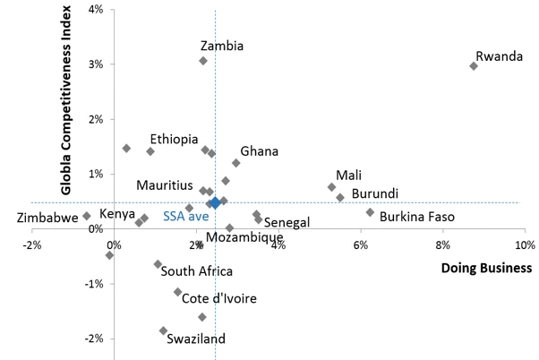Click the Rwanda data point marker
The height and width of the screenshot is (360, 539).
tap(474, 65)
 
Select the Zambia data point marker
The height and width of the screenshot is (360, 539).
tap(203, 61)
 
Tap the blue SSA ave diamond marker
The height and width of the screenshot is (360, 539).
tap(215, 203)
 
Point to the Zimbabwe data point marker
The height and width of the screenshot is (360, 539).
tap(87, 216)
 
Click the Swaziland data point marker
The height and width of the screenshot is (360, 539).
tap(163, 330)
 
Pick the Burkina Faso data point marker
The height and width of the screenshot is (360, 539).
tap(370, 212)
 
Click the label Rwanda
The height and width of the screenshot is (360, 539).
tap(499, 56)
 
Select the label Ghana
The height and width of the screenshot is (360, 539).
tap(259, 151)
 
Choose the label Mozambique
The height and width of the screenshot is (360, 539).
tap(244, 237)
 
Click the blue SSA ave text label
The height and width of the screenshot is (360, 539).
tap(184, 216)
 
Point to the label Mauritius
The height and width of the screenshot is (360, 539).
tap(165, 185)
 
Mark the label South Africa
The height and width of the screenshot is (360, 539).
tap(198, 270)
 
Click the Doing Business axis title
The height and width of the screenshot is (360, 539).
tap(487, 268)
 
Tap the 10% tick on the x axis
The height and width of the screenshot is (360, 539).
tap(524, 244)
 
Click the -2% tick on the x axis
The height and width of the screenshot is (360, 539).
tap(32, 244)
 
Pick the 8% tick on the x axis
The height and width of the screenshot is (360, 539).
tap(442, 244)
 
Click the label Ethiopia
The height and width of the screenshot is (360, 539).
tap(174, 139)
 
